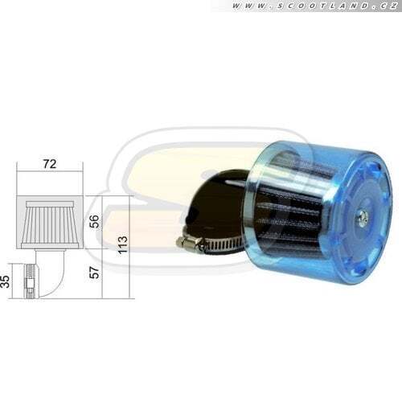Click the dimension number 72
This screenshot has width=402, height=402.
click(x=50, y=164)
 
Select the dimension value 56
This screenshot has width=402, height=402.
click(x=94, y=221)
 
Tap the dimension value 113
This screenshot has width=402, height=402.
click(x=122, y=245)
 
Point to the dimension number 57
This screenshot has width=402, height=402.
click(x=94, y=273)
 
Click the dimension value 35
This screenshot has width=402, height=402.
click(x=5, y=281)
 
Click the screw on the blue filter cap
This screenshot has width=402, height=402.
click(x=359, y=215)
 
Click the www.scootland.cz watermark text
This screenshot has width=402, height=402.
click(x=314, y=6)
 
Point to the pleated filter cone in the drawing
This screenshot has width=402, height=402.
click(x=50, y=225)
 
